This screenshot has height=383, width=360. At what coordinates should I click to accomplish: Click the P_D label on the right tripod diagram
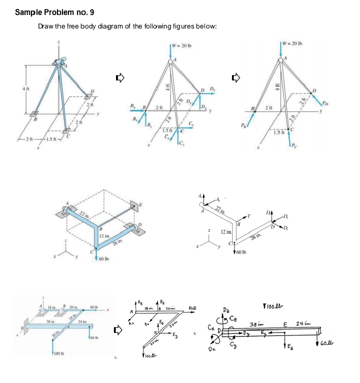click(x=326, y=104)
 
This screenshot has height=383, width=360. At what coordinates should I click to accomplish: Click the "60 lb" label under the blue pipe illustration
click(x=104, y=259)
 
